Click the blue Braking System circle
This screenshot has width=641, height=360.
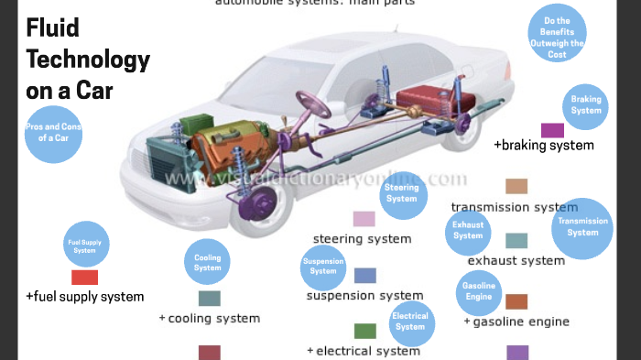point(586,105)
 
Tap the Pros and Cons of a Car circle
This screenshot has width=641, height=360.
point(53,133)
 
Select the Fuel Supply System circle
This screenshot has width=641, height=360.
point(84,245)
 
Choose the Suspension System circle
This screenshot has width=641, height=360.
point(323,267)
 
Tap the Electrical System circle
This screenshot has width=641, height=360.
point(410,322)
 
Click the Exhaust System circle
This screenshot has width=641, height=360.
point(468,230)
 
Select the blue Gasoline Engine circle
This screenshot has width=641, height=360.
point(478,292)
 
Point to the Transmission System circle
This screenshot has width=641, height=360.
point(582,227)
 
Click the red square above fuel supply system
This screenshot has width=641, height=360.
point(84,277)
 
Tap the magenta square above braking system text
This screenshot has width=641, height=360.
point(552,130)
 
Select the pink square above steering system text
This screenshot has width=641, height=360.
point(364,219)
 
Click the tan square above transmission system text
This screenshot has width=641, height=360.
point(516,187)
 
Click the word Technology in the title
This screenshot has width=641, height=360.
point(87,60)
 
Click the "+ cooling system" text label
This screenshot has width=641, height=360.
point(210,319)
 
